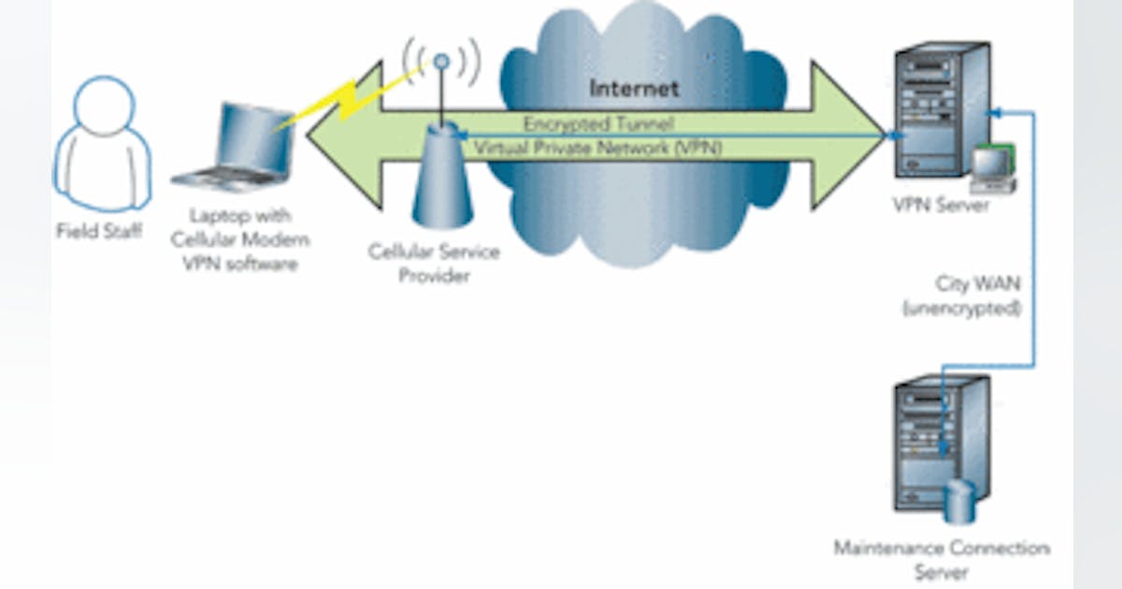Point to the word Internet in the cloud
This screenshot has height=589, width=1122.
[633, 89]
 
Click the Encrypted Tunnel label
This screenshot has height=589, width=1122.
[598, 123]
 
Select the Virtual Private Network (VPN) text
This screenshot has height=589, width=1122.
[597, 147]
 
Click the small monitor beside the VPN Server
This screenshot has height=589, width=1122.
[992, 168]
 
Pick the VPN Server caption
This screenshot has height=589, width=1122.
[936, 206]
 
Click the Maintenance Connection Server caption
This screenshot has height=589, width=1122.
[942, 559]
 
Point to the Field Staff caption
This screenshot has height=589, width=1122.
[99, 231]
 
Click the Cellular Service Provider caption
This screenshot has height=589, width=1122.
[434, 264]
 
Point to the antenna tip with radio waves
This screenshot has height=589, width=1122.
[441, 62]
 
